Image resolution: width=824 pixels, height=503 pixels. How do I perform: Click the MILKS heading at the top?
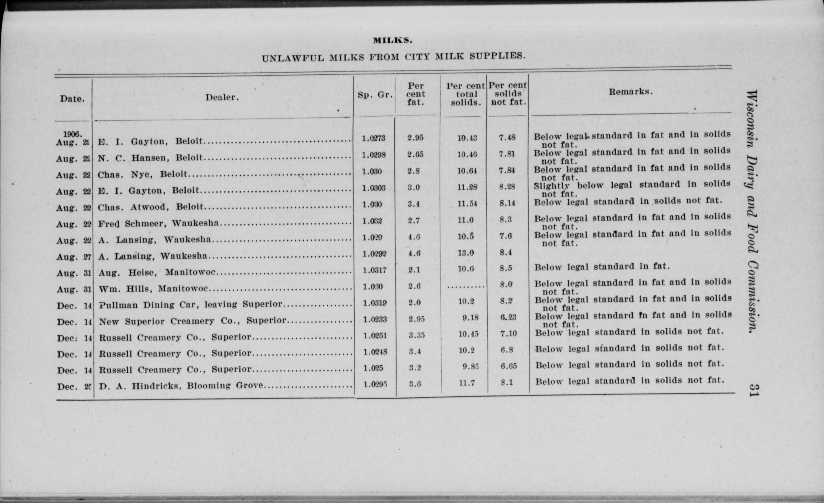click(x=393, y=40)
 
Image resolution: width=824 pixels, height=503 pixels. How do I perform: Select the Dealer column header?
click(x=222, y=97)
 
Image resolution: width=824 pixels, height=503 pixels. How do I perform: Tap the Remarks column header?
click(x=630, y=92)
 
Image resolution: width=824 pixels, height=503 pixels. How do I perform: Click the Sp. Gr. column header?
click(x=375, y=95)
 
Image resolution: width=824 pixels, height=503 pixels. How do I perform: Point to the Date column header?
click(x=72, y=98)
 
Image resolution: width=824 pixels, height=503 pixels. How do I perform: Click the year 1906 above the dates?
click(x=72, y=134)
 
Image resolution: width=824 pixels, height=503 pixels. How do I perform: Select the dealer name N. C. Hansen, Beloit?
click(x=151, y=158)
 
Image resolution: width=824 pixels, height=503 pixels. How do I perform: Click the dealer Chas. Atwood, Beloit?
click(x=151, y=207)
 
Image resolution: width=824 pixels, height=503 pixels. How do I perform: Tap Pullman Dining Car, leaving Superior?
click(x=190, y=304)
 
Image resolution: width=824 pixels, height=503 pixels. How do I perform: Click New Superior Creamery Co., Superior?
click(x=193, y=321)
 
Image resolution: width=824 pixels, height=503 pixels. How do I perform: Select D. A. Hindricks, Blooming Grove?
click(x=181, y=385)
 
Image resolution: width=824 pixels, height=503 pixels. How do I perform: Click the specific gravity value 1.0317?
click(x=375, y=270)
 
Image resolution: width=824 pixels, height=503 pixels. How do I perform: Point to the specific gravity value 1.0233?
click(x=375, y=319)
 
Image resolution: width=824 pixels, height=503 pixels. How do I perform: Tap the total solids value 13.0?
click(x=466, y=253)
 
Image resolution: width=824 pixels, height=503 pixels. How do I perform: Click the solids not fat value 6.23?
click(x=508, y=317)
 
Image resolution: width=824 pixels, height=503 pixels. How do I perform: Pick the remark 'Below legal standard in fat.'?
click(x=602, y=267)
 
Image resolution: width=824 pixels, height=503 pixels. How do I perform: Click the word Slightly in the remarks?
click(x=552, y=186)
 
